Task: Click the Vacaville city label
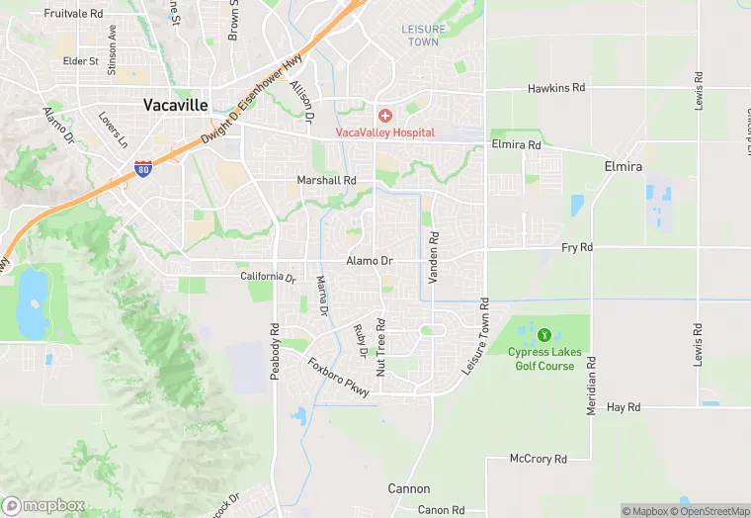[176, 104]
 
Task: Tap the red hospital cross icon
[384, 117]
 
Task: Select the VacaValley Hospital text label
[384, 131]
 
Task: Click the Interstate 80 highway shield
[143, 169]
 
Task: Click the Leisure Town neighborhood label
[423, 36]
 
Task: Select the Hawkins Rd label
[556, 88]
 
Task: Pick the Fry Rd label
[576, 246]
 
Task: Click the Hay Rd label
[624, 406]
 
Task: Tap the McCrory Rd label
[538, 459]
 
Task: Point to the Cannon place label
[409, 488]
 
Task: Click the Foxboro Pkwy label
[338, 378]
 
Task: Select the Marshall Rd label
[326, 181]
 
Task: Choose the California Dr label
[268, 277]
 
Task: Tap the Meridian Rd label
[592, 380]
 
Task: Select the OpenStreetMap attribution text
[709, 511]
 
